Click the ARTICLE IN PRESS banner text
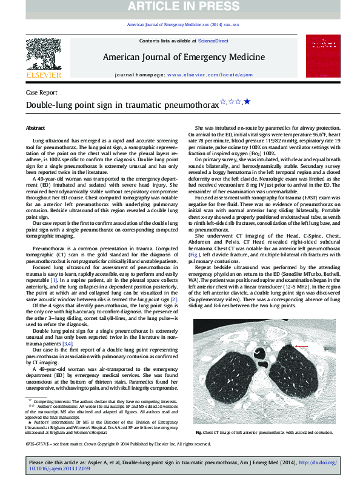(180, 8)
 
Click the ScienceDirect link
(213, 41)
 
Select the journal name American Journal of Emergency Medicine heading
(184, 58)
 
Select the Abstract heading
(35, 128)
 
